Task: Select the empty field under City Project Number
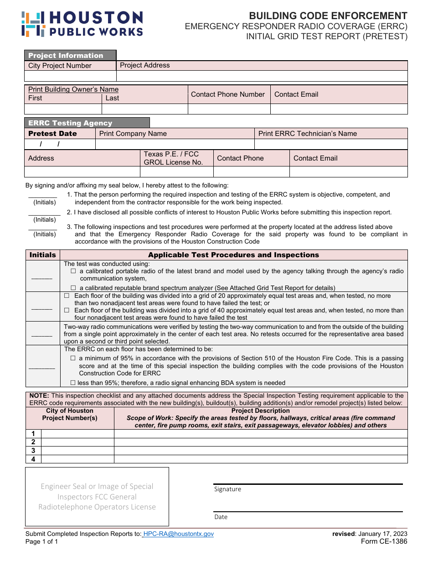point(70,76)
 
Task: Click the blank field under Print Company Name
point(175,144)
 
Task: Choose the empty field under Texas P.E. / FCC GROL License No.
point(176,171)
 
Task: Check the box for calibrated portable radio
point(73,271)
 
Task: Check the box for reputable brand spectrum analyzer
point(73,288)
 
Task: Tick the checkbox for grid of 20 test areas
point(67,296)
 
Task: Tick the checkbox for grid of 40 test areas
point(67,310)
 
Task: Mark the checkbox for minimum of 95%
point(73,358)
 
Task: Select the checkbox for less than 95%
point(73,383)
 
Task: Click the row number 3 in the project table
point(33,450)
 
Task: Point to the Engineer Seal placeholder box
point(97,497)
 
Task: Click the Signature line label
point(227,489)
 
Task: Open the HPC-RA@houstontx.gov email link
point(178,534)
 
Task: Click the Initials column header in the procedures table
point(43,255)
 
